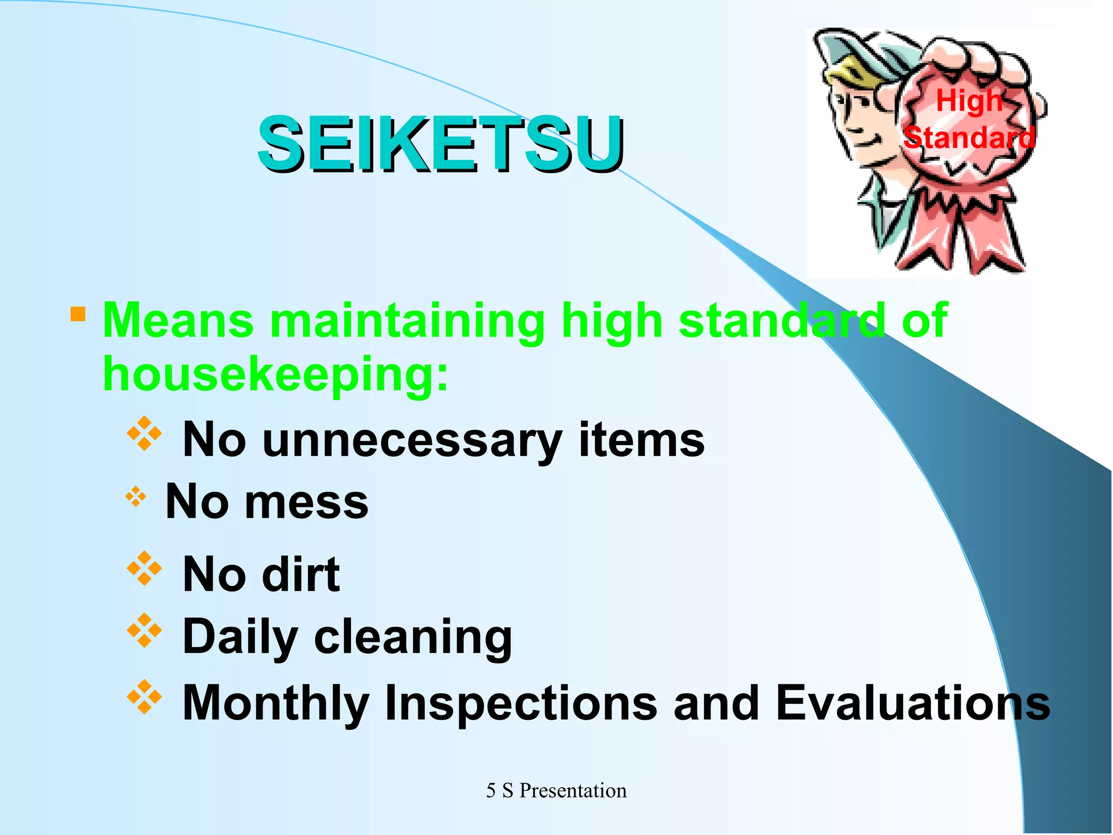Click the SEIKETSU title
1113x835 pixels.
(x=441, y=144)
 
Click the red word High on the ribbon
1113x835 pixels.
(x=969, y=101)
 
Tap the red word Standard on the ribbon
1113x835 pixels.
(x=969, y=138)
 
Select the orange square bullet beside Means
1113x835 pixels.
(x=78, y=314)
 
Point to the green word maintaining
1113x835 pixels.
(x=407, y=321)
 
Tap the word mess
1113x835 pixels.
(x=307, y=502)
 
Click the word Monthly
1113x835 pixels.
(x=276, y=703)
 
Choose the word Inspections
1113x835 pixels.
(x=521, y=703)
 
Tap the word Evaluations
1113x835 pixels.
(x=913, y=702)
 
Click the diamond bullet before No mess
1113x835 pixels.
(x=136, y=496)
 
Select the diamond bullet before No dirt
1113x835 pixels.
(x=144, y=569)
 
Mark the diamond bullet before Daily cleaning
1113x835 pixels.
(x=144, y=631)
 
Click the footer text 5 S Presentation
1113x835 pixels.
(x=556, y=790)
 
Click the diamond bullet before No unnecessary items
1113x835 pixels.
(x=144, y=434)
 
